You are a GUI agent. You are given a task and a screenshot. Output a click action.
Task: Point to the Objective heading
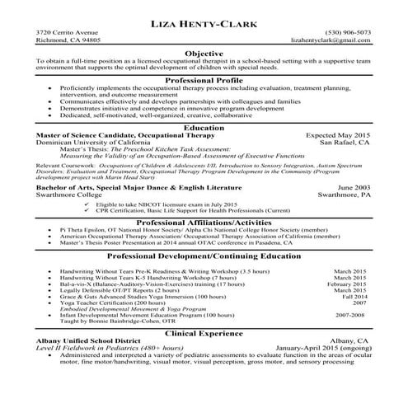[x=204, y=53]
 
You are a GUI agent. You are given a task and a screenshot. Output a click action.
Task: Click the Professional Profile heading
[x=204, y=80]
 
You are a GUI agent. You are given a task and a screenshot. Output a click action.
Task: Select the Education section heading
[x=204, y=128]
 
